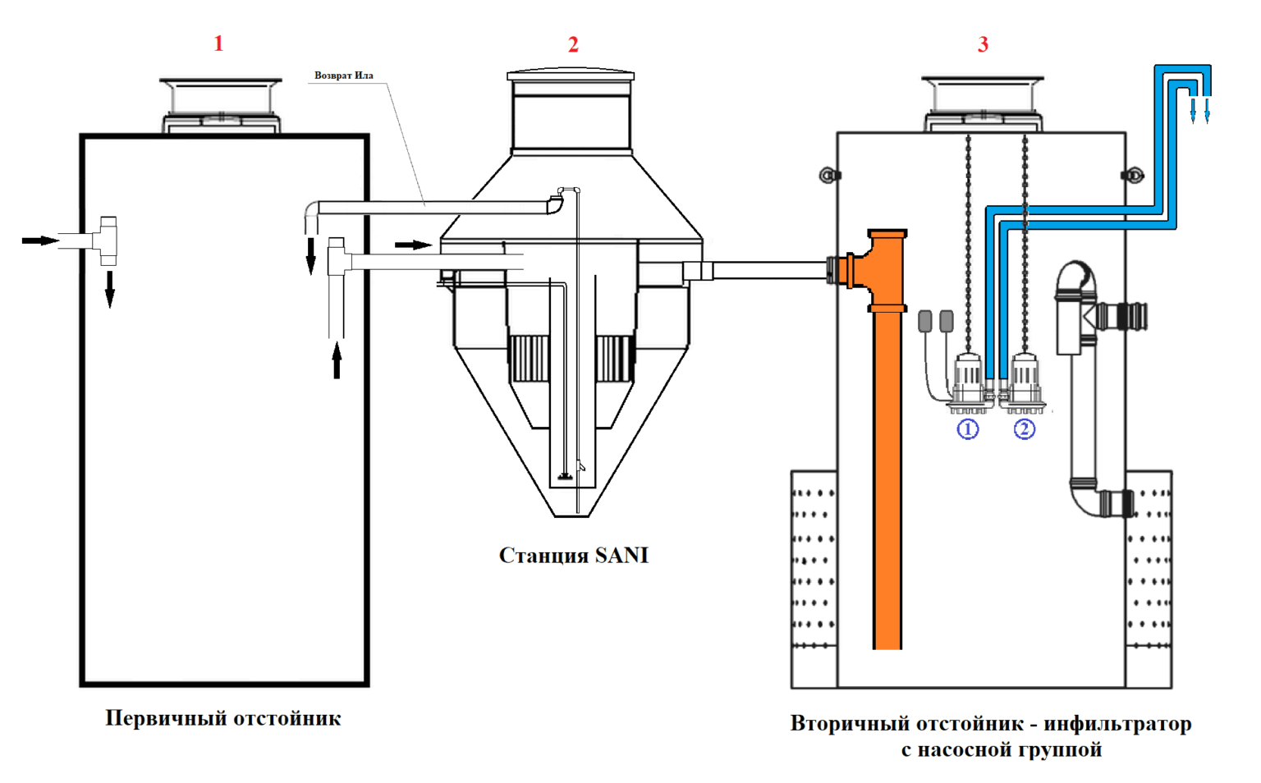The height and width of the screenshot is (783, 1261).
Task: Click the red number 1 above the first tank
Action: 219,43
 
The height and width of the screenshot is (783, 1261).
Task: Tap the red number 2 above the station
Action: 573,44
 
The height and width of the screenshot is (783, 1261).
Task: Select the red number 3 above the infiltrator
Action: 983,43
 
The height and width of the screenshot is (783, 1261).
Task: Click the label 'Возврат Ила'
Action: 343,76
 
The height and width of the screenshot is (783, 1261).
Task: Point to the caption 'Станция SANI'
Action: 574,556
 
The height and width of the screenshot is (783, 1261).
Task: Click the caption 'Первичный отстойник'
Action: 223,719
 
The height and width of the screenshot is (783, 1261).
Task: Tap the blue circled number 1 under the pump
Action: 968,429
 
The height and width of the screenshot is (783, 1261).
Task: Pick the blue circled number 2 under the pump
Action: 1024,429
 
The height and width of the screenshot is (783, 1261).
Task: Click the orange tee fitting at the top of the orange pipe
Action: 878,270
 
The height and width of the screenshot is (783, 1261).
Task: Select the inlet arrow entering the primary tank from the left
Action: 40,241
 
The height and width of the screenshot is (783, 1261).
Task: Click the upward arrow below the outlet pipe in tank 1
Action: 337,360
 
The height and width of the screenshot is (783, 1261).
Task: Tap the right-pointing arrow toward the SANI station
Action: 413,245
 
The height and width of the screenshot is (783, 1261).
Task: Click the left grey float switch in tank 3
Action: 925,322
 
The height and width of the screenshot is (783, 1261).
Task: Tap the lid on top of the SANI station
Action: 571,75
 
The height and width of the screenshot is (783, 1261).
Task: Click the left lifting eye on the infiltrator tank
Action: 828,176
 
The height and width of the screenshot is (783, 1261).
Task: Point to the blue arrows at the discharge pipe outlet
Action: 1199,111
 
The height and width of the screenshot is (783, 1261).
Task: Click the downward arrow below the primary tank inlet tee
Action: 110,290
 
